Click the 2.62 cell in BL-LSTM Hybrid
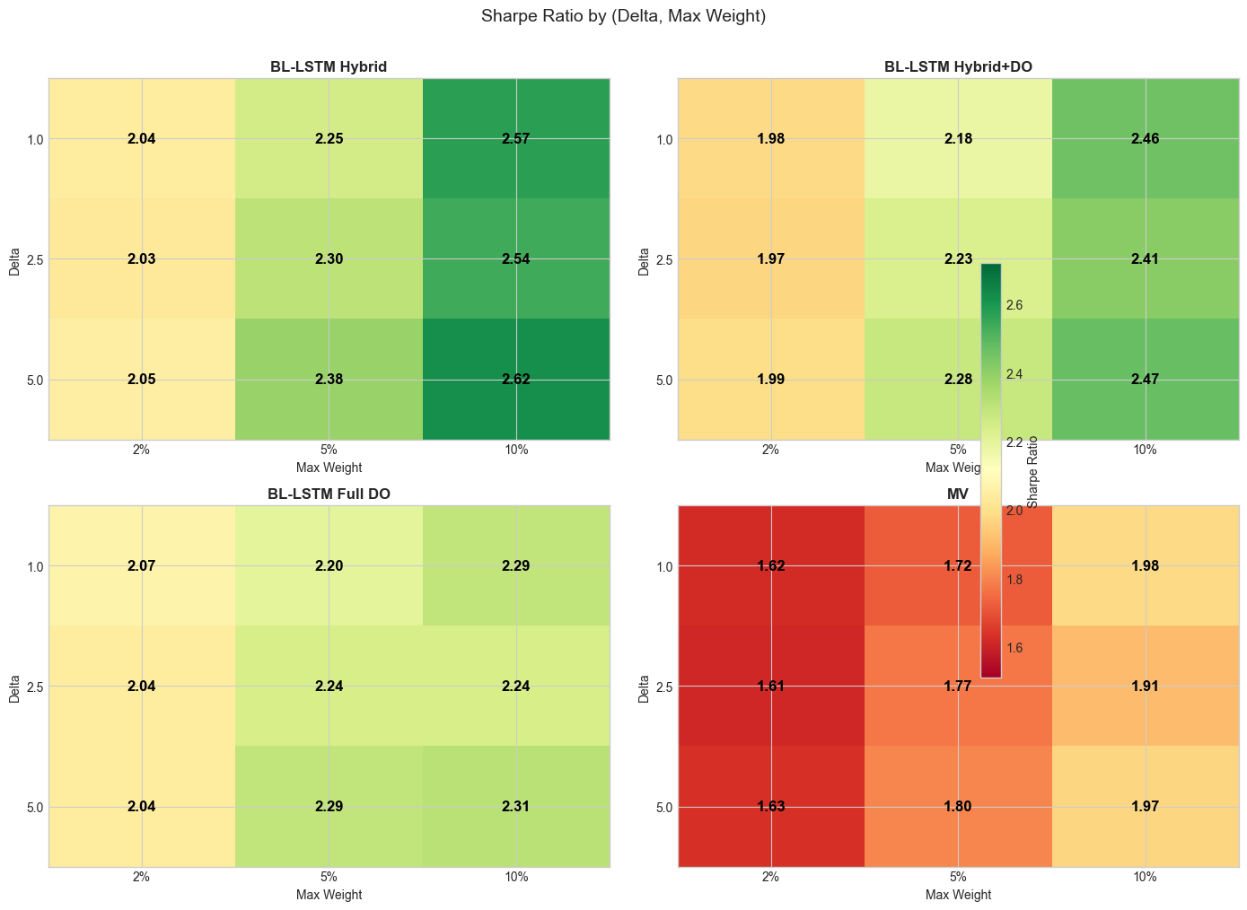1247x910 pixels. pyautogui.click(x=516, y=380)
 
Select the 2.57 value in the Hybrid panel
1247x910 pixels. pyautogui.click(x=516, y=139)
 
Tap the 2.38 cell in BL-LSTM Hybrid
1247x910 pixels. pyautogui.click(x=329, y=380)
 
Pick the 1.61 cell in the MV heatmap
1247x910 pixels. pyautogui.click(x=770, y=687)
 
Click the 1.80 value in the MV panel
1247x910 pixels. pyautogui.click(x=958, y=807)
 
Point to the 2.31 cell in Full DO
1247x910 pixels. pyautogui.click(x=516, y=807)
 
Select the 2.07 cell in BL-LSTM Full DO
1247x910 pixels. pyautogui.click(x=142, y=566)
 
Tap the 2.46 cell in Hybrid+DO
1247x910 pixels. pyautogui.click(x=1146, y=139)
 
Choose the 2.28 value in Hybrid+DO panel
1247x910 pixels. pyautogui.click(x=958, y=380)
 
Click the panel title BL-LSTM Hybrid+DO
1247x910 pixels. pyautogui.click(x=958, y=66)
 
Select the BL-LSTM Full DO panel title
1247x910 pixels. pyautogui.click(x=329, y=494)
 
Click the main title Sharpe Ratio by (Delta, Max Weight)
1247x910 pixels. pyautogui.click(x=623, y=16)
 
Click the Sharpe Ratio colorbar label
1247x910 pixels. pyautogui.click(x=1033, y=472)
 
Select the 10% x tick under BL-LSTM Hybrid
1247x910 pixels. pyautogui.click(x=516, y=451)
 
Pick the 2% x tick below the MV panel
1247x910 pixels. pyautogui.click(x=770, y=879)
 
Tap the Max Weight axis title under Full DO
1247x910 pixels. pyautogui.click(x=329, y=895)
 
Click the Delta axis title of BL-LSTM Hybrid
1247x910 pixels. pyautogui.click(x=13, y=259)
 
